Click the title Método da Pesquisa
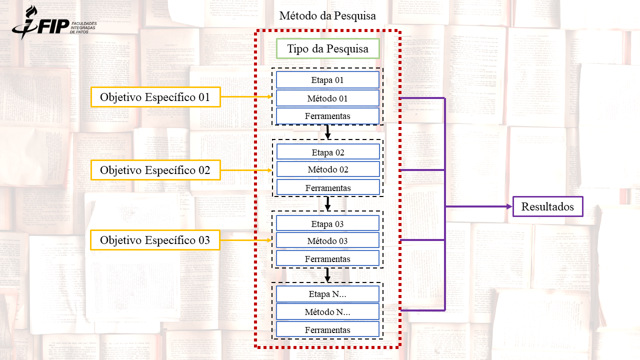coord(327,16)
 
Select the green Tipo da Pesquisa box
coord(327,49)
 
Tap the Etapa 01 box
coord(327,80)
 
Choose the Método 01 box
coord(327,98)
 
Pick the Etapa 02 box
coord(327,152)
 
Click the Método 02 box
coord(327,169)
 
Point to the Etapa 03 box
coord(327,223)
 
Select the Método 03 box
coord(327,241)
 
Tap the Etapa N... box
coord(327,294)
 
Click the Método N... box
coord(327,312)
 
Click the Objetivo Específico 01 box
coord(155,97)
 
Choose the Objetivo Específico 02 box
coord(155,170)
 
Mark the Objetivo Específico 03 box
coord(155,240)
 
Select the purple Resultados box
coord(547,206)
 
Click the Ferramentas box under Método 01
coord(327,116)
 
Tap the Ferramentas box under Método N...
coord(327,330)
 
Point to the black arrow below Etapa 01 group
coord(327,132)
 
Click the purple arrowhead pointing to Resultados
coord(508,206)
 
